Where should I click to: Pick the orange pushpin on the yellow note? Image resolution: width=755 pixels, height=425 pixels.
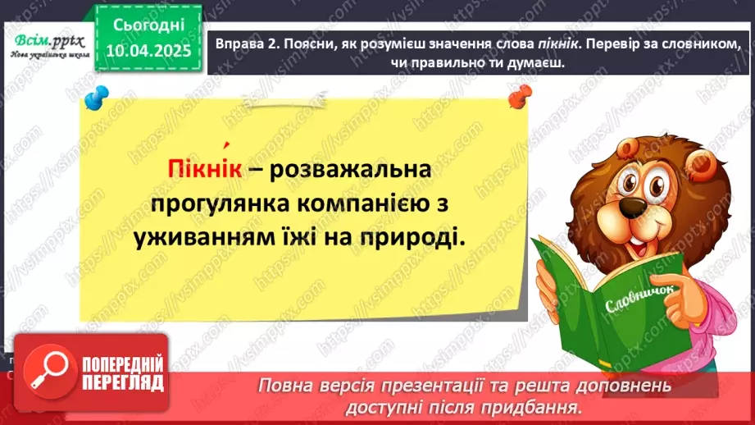pyautogui.click(x=518, y=98)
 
